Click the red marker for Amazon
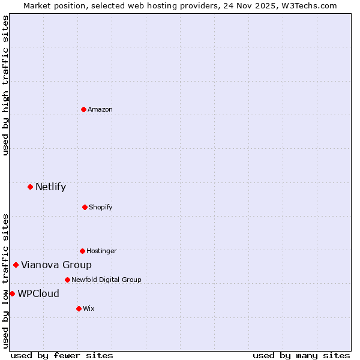pos(83,109)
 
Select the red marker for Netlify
pos(30,187)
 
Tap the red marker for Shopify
pos(85,207)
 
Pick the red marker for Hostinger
pos(82,251)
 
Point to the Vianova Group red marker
pos(16,265)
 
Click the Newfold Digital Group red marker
pos(67,280)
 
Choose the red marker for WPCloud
pos(12,293)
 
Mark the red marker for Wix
pos(79,308)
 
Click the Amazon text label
pos(100,109)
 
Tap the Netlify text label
pos(50,187)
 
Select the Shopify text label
pos(101,207)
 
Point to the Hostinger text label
pos(101,251)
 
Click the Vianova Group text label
pos(56,265)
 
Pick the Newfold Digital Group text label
pos(106,280)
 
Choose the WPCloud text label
pos(38,293)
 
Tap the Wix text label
pos(89,308)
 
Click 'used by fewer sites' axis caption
pos(62,355)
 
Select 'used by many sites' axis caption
pos(301,355)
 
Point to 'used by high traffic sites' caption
pos(5,85)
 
